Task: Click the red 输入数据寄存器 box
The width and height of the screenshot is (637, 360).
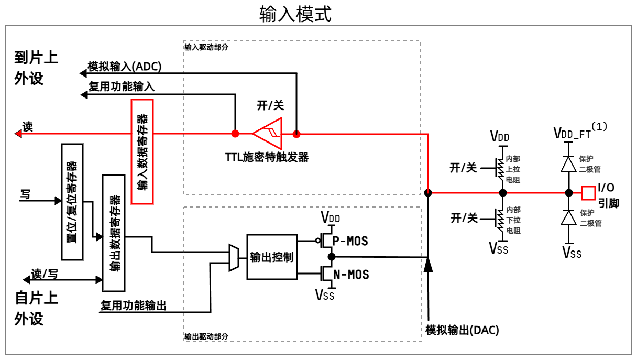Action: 142,151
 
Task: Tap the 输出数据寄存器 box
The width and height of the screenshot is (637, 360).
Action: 114,233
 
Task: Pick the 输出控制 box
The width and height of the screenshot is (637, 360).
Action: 272,257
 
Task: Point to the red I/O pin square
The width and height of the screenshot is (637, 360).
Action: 588,193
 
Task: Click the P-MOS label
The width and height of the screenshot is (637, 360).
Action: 351,241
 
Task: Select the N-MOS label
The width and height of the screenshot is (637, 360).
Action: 351,274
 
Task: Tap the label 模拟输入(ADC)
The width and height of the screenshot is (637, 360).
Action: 125,67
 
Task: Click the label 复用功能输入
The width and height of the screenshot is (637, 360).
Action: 121,86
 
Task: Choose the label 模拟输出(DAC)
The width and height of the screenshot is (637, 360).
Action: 462,330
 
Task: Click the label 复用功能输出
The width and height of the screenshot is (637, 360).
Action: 134,305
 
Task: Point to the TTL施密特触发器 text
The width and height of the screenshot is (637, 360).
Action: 267,157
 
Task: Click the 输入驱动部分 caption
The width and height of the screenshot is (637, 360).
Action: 206,47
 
